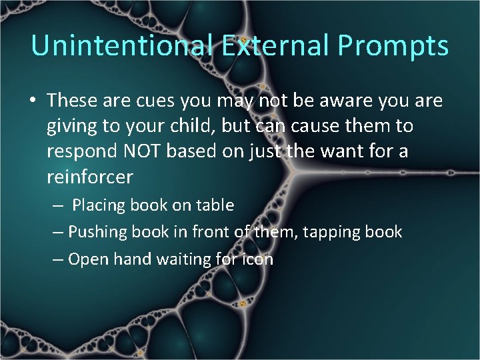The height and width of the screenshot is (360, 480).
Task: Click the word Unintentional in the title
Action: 122,45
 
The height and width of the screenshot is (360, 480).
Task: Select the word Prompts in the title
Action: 393,45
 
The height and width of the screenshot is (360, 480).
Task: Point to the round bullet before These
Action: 33,101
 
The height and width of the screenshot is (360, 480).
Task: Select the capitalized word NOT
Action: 141,151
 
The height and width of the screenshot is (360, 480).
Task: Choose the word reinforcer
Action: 90,177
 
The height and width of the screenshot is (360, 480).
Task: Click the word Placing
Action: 98,205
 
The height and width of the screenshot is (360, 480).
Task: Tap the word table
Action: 215,205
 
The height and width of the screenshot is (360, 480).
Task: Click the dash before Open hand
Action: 58,259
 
